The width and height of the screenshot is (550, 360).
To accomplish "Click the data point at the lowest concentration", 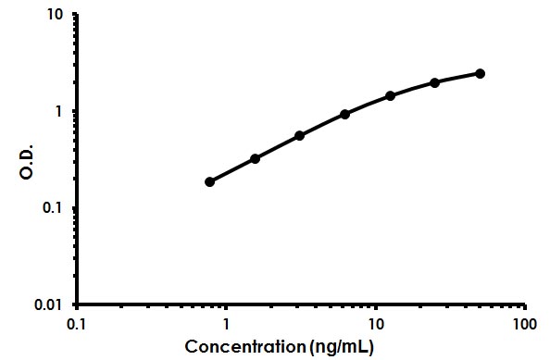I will (210, 181).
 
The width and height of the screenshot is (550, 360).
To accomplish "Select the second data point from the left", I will (255, 158).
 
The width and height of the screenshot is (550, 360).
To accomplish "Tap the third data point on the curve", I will (300, 135).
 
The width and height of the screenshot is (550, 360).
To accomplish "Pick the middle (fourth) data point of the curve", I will (345, 114).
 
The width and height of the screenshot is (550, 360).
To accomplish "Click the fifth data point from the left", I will (390, 95).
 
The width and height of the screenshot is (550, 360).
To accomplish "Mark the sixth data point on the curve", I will (435, 82).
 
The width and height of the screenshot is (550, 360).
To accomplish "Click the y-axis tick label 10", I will (56, 16).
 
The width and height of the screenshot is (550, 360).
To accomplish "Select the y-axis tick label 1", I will (60, 111).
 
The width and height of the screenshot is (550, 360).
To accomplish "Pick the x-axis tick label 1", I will (226, 325).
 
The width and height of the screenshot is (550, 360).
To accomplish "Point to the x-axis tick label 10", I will (375, 325).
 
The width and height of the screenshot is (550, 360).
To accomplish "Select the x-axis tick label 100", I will (524, 325).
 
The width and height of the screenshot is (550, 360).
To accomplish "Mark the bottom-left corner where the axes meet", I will (77, 304).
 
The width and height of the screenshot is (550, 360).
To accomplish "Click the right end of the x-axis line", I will (525, 304).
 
